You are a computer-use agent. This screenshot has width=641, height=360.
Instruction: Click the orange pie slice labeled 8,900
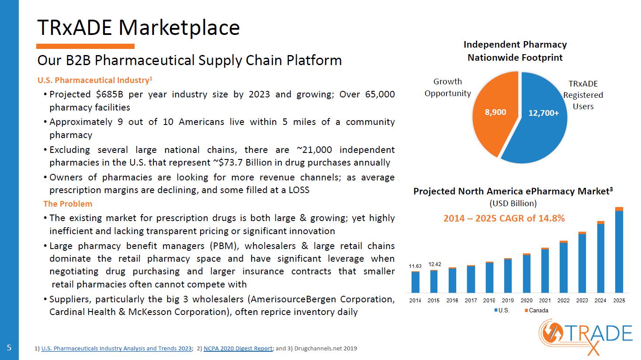494,114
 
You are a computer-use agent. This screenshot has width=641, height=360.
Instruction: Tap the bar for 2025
619,250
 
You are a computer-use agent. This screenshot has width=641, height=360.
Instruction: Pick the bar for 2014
415,282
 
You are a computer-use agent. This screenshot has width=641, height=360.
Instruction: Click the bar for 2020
527,273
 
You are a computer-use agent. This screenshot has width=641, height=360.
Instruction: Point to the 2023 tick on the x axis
582,301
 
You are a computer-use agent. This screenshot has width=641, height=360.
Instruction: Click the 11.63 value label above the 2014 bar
415,266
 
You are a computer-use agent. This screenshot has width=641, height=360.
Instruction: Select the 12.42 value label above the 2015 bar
434,264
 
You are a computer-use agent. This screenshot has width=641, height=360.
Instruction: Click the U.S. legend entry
502,311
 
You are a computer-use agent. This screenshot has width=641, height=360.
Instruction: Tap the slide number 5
9,348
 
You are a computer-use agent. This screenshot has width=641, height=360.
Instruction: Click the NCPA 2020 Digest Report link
238,348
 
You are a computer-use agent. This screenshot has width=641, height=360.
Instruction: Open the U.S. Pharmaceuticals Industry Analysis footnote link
117,348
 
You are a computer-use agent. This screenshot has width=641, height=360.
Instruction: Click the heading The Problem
68,204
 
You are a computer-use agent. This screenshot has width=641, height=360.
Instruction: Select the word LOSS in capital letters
299,190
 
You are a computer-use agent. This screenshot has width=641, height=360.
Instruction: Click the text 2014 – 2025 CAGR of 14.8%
504,218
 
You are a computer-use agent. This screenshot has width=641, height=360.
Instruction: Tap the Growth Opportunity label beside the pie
447,87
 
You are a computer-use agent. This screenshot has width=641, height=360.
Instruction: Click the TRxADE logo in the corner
585,338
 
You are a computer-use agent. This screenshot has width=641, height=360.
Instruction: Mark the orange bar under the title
85,46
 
